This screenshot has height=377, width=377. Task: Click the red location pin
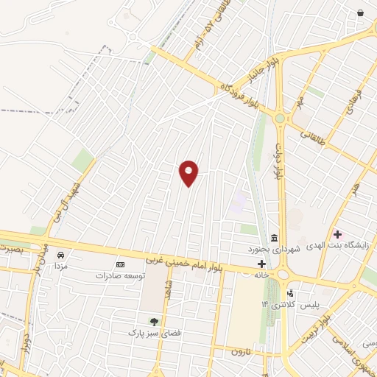coord(189,172)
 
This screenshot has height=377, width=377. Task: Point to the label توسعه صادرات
coord(120,275)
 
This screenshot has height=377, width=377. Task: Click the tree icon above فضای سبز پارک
coord(154,321)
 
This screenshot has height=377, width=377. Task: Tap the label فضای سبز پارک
coord(154,332)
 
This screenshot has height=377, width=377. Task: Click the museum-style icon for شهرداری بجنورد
coord(275,237)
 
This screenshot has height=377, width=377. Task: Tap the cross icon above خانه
coord(261,264)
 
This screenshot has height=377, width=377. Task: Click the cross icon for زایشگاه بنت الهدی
coord(337,234)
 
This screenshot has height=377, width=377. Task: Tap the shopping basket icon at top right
coord(360,13)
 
